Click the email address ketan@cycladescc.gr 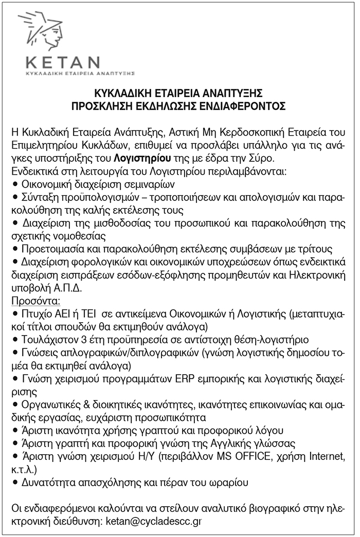tap(153, 521)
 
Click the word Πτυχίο tap(35, 312)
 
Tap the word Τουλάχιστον tap(45, 339)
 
